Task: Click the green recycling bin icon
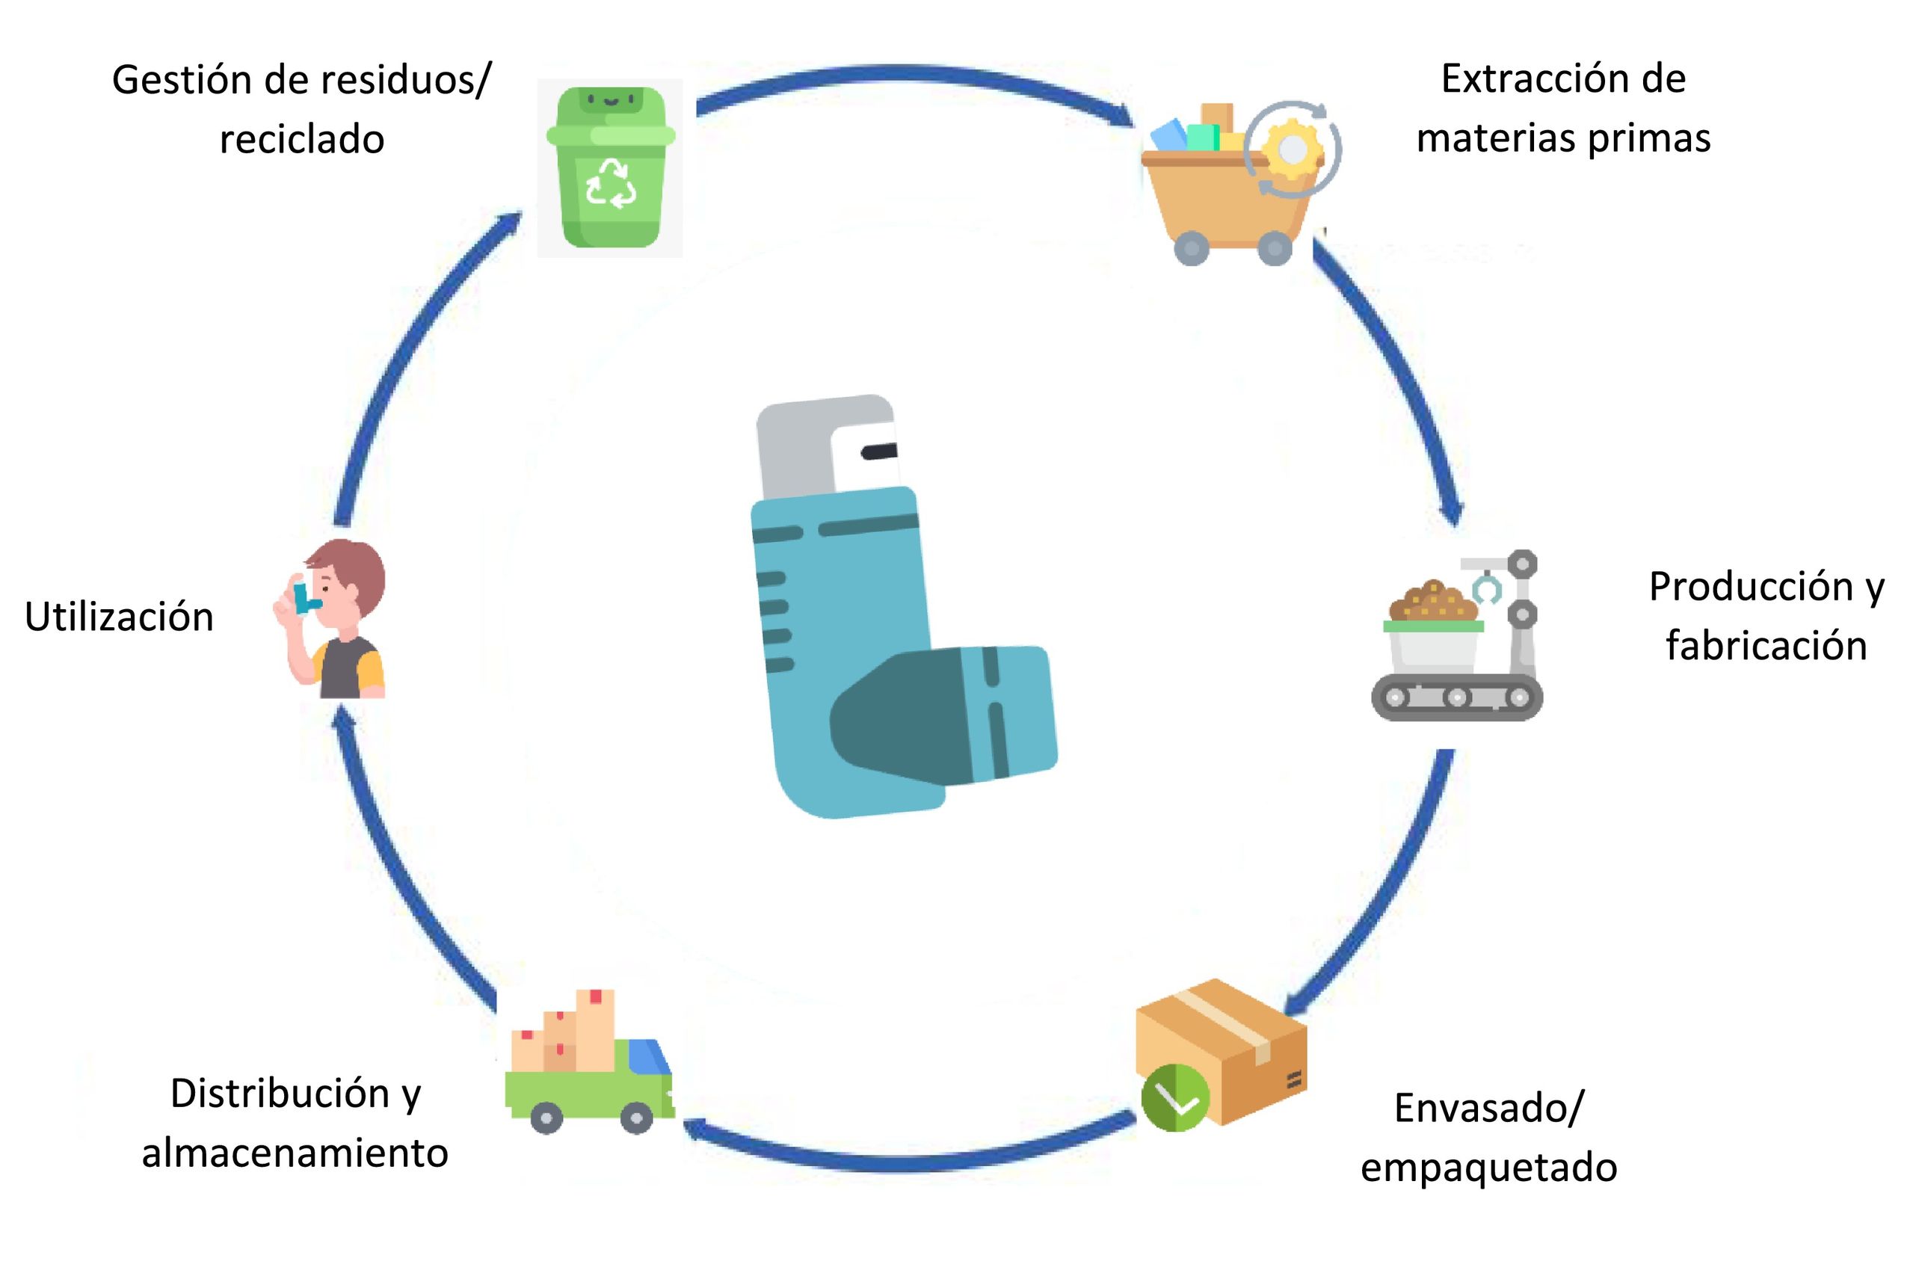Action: click(611, 167)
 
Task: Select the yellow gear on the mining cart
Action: click(1292, 149)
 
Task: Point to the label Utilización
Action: click(120, 617)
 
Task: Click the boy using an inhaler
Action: click(335, 619)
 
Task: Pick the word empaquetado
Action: click(1488, 1168)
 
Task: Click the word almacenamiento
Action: click(295, 1153)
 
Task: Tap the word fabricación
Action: click(1766, 646)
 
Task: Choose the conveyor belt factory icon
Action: click(1458, 638)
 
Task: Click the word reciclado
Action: click(301, 140)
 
